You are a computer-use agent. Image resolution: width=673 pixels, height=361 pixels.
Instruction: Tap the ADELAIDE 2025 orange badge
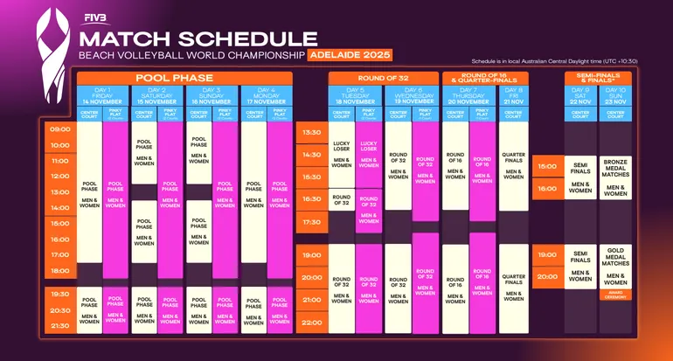348,55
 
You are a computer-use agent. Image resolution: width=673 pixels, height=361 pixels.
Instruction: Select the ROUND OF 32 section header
382,78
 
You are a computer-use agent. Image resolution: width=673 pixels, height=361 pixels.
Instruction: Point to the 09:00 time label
60,129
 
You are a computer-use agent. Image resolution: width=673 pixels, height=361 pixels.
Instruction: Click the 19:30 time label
60,295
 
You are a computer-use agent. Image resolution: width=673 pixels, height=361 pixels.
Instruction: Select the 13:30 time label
311,133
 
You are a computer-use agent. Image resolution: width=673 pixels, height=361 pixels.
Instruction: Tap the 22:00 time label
311,321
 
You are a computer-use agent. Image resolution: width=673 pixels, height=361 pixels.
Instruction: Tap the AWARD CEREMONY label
615,295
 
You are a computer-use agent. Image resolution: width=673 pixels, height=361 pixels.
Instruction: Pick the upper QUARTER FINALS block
514,163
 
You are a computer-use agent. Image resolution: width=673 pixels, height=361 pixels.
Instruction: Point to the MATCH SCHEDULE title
198,38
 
